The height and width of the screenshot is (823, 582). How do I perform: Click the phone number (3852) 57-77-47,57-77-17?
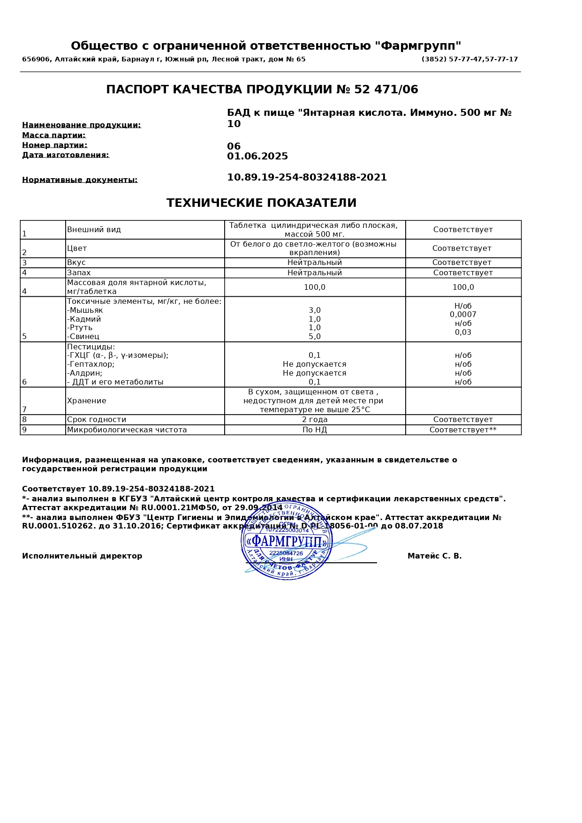(469, 60)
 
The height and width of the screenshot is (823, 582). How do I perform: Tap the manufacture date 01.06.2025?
(257, 157)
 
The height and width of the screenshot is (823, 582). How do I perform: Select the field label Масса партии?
(54, 136)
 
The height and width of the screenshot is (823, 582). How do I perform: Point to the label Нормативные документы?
(80, 180)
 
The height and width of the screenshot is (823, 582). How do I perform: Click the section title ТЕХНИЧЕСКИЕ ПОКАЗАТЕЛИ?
(261, 203)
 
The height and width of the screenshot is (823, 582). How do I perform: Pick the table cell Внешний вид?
(94, 230)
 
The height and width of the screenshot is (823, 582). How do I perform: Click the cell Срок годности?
(97, 420)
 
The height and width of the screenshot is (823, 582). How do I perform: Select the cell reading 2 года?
(315, 420)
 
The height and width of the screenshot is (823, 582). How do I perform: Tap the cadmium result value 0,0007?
(463, 315)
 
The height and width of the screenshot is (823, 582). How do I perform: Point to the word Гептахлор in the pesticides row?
(92, 364)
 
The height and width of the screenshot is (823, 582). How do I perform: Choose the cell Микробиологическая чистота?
(127, 430)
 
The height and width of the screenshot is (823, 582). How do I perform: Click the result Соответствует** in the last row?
(463, 430)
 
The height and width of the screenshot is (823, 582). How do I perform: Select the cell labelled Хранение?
(87, 401)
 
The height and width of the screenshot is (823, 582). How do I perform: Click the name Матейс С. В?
(434, 556)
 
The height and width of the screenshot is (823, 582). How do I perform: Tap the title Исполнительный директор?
(82, 556)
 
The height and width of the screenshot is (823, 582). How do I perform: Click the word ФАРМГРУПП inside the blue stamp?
(287, 542)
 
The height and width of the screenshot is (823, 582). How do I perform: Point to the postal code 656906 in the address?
(36, 60)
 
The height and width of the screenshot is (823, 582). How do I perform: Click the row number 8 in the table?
(24, 420)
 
